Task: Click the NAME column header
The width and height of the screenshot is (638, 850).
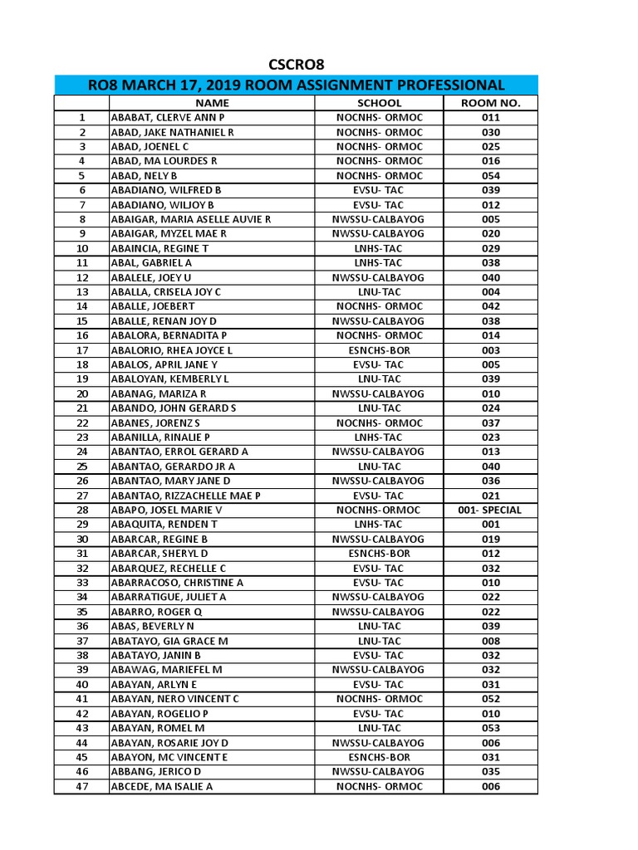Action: click(211, 103)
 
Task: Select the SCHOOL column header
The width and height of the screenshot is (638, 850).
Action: click(379, 103)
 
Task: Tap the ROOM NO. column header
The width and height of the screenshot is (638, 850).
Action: click(490, 103)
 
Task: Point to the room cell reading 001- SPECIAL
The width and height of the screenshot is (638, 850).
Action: click(490, 510)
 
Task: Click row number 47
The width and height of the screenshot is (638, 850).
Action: click(81, 786)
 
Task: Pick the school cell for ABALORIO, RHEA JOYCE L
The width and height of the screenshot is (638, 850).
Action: click(379, 350)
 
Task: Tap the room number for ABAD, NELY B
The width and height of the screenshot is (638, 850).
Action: click(490, 176)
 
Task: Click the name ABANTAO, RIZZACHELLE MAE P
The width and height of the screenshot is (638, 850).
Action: click(185, 496)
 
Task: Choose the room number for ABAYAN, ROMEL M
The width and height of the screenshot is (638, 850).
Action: click(490, 728)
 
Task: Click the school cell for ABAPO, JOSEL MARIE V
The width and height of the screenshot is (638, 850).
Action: click(379, 510)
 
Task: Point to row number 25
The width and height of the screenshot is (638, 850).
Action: click(81, 467)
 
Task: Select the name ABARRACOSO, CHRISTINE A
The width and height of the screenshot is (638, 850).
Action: click(177, 583)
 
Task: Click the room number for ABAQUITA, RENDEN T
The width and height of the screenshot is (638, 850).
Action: click(490, 525)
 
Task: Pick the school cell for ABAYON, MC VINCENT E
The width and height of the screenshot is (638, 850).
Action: click(379, 757)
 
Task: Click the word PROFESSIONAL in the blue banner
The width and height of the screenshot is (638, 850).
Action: click(443, 85)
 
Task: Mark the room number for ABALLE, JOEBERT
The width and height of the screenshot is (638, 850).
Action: click(490, 306)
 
